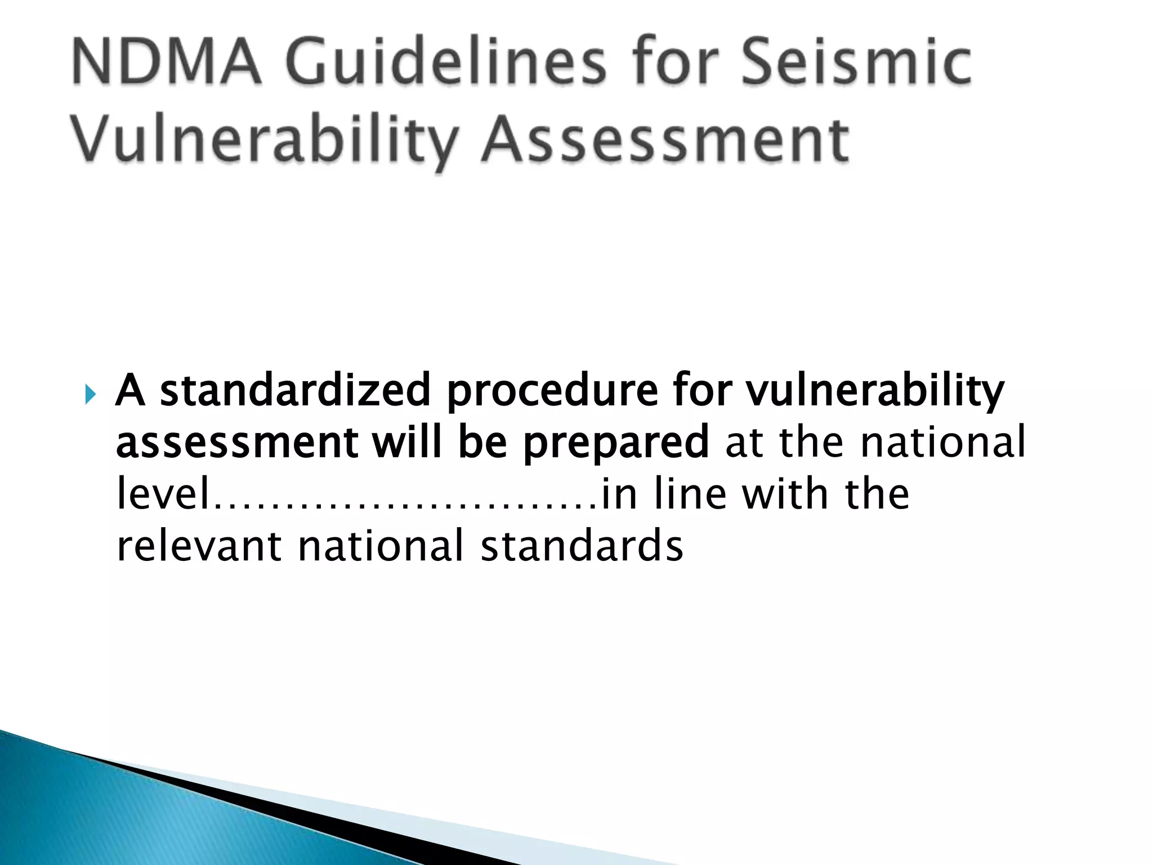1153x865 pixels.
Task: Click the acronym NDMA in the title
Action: pyautogui.click(x=167, y=61)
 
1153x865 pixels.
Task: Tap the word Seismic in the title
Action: pyautogui.click(x=856, y=61)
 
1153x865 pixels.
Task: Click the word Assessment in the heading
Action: pyautogui.click(x=665, y=139)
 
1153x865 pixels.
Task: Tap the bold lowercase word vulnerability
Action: pyautogui.click(x=875, y=391)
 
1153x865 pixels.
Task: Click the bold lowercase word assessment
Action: pyautogui.click(x=236, y=443)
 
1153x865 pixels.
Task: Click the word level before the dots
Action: pyautogui.click(x=163, y=494)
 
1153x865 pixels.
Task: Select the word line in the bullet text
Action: pyautogui.click(x=690, y=494)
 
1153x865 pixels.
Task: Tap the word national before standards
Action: pyautogui.click(x=381, y=546)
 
